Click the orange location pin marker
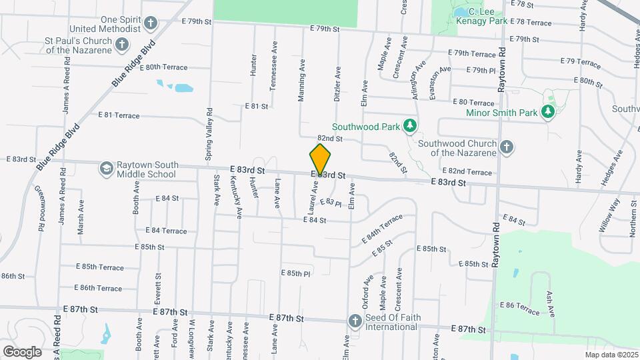[x=320, y=159]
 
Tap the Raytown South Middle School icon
[x=106, y=169]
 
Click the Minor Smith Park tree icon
[x=548, y=111]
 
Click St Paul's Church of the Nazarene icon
[x=121, y=45]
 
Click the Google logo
[x=22, y=351]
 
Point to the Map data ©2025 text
[x=611, y=355]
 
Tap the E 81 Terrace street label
[x=119, y=115]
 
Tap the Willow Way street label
[x=609, y=215]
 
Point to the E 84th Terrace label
[x=382, y=227]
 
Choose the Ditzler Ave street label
[x=338, y=83]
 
